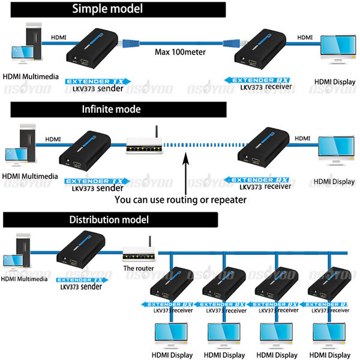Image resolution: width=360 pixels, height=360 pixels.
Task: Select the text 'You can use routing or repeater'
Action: pyautogui.click(x=180, y=199)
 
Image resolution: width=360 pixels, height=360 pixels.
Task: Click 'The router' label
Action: pyautogui.click(x=138, y=268)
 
